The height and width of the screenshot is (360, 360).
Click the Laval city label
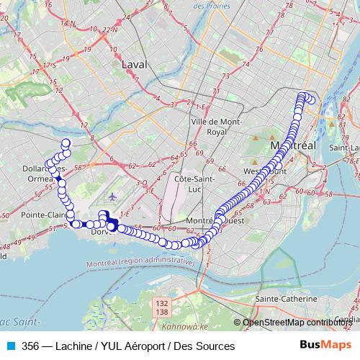point(134,64)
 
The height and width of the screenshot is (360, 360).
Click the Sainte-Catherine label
point(286,298)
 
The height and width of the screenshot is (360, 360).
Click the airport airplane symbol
point(112,196)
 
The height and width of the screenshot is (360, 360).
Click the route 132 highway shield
point(162,305)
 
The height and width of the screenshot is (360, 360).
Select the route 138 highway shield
point(162,313)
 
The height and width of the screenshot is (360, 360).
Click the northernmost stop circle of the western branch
point(66,143)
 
